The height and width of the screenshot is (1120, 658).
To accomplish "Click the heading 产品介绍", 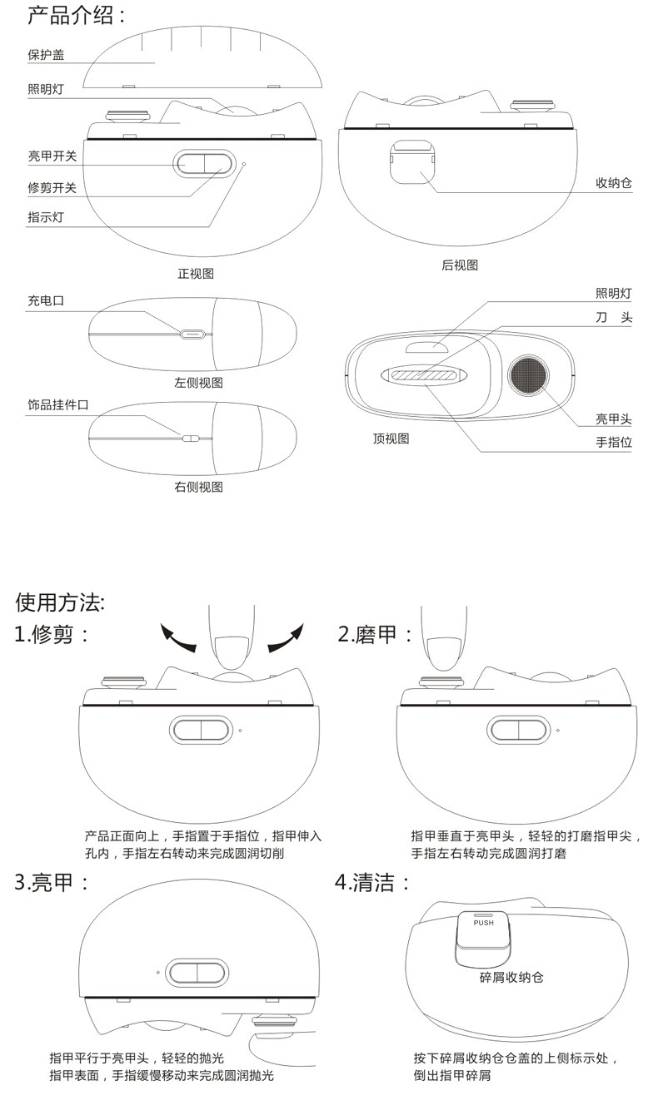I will [77, 15].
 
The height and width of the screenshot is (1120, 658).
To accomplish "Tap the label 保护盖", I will [46, 55].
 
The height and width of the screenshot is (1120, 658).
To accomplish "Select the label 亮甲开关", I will [52, 156].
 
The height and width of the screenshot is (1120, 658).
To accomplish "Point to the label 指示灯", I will [46, 217].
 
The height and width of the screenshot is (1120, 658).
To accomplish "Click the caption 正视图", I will [196, 273].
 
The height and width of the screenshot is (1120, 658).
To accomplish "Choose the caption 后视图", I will [460, 265].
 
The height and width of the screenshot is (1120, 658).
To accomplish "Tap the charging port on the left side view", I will [192, 335].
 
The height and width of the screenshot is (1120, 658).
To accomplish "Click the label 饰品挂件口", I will [57, 404].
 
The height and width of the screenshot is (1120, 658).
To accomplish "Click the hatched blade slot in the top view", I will [426, 376].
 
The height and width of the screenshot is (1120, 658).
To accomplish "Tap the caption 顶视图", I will [391, 439].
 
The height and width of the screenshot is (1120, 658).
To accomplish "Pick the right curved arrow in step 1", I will [286, 639].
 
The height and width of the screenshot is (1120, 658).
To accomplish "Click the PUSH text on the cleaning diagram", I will [483, 922].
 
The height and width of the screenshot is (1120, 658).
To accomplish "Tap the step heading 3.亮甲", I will [52, 882].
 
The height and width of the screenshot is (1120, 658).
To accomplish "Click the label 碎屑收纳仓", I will [511, 977].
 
